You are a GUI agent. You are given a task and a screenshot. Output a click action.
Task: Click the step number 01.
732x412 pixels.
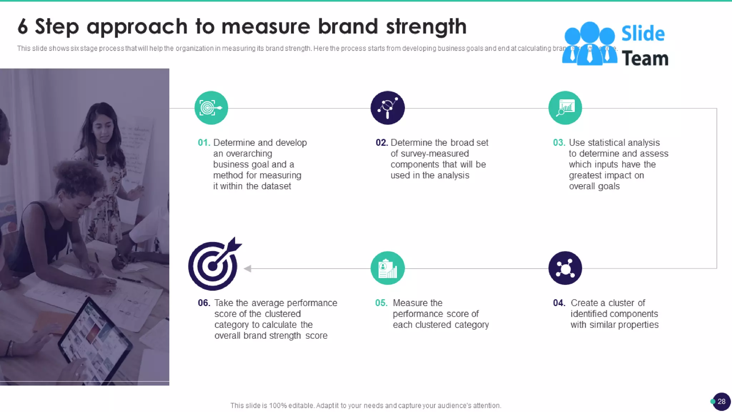coord(204,143)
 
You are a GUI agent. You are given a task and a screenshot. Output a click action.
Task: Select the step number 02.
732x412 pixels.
coord(381,143)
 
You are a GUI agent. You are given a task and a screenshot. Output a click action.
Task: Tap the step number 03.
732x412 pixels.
coord(559,143)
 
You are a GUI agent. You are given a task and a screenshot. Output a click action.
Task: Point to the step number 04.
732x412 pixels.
coord(559,303)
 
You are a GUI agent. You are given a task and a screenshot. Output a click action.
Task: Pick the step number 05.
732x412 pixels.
coord(381,303)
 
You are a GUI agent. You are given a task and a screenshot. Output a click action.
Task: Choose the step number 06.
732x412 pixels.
coord(204,303)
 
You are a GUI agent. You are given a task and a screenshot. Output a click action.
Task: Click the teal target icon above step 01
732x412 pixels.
coord(211,108)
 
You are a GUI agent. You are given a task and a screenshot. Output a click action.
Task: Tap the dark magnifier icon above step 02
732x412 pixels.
coord(387,108)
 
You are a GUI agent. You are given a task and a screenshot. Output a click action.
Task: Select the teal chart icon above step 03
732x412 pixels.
coord(565,108)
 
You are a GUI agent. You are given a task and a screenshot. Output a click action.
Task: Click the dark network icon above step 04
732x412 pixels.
coord(565,268)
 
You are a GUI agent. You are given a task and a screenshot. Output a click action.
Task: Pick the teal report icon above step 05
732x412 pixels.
coord(387,268)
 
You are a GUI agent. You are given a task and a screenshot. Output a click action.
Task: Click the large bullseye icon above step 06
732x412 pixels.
coord(214,265)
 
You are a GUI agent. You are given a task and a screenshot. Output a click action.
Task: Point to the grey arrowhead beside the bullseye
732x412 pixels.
coord(247,268)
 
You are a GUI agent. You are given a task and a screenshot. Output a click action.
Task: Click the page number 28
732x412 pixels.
coord(721,401)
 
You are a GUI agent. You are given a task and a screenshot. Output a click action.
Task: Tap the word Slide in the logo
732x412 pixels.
coord(643,34)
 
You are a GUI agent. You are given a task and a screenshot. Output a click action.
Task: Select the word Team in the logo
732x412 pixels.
coord(645,59)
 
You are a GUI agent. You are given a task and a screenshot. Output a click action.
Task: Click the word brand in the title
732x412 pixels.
coord(347,26)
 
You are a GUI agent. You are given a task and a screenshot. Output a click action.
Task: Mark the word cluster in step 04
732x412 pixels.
coord(626,303)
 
